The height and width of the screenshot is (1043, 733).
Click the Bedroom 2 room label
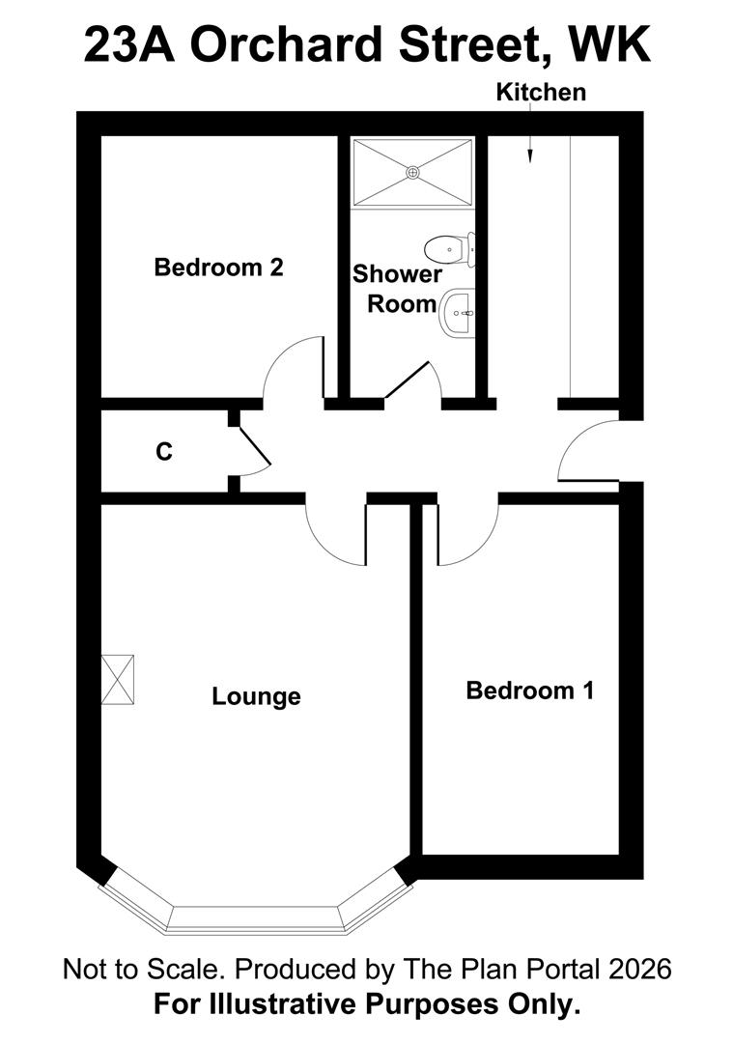pyautogui.click(x=219, y=268)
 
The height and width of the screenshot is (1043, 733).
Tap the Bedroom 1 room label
pyautogui.click(x=530, y=691)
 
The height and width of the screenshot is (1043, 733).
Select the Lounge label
pyautogui.click(x=256, y=696)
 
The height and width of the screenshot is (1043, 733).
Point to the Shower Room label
pyautogui.click(x=397, y=289)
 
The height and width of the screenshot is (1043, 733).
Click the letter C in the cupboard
pyautogui.click(x=163, y=452)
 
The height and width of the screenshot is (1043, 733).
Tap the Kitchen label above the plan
pyautogui.click(x=541, y=93)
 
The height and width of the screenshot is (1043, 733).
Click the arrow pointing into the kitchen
pyautogui.click(x=530, y=150)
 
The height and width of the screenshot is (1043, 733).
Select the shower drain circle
pyautogui.click(x=413, y=172)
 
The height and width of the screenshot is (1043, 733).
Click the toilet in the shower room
pyautogui.click(x=450, y=249)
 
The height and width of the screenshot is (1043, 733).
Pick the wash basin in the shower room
pyautogui.click(x=459, y=313)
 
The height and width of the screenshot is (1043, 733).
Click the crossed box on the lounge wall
pyautogui.click(x=118, y=679)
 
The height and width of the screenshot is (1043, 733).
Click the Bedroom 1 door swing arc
pyautogui.click(x=479, y=549)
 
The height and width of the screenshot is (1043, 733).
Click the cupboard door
pyautogui.click(x=255, y=445)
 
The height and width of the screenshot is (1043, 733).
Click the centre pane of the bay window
pyautogui.click(x=256, y=918)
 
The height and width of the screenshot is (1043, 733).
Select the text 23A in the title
pyautogui.click(x=129, y=44)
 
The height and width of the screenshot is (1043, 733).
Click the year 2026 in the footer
pyautogui.click(x=638, y=970)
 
